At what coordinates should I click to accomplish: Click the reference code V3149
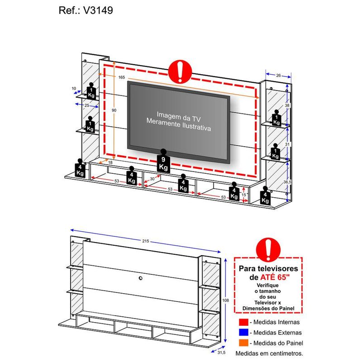tap(98, 10)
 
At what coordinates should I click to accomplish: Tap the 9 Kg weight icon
tap(163, 161)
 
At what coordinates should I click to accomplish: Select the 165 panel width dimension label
tap(122, 77)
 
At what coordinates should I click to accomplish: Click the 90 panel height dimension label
tap(114, 110)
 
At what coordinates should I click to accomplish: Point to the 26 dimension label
tap(278, 75)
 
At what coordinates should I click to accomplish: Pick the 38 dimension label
tap(287, 105)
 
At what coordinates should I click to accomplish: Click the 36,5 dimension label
tap(287, 182)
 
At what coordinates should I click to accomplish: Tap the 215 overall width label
tap(145, 241)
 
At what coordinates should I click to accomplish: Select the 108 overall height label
tap(225, 300)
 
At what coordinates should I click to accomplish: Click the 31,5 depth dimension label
tap(221, 352)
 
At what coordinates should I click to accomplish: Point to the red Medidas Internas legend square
tap(243, 322)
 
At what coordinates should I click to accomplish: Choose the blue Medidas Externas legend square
tap(243, 333)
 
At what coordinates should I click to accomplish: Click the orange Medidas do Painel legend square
tap(243, 343)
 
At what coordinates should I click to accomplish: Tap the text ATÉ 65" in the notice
tap(275, 277)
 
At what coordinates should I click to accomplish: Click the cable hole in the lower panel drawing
tap(141, 278)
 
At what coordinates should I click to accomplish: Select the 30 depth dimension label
tap(152, 179)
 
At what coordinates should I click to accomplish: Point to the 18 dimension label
tap(110, 162)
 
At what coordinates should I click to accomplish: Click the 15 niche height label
tap(244, 195)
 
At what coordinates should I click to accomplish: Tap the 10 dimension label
tap(74, 88)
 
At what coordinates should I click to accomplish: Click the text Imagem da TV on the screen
tap(178, 117)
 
